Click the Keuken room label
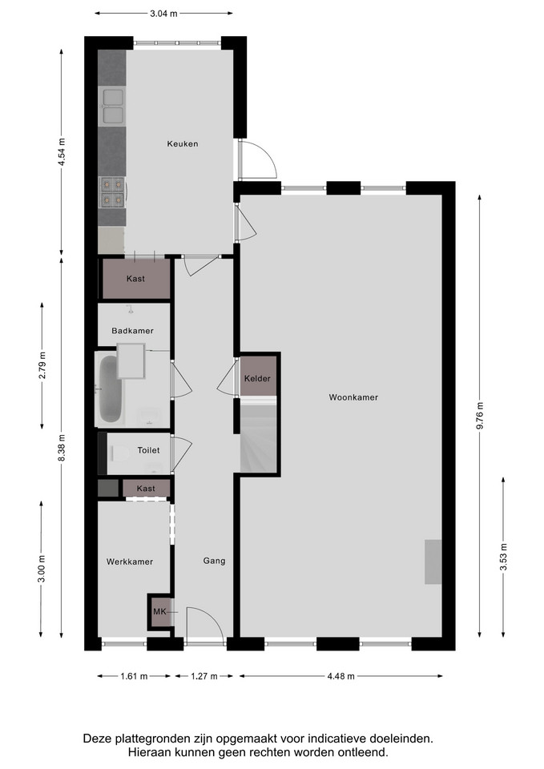click(x=183, y=143)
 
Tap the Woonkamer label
click(x=353, y=397)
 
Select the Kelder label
click(x=257, y=379)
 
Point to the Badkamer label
click(x=132, y=331)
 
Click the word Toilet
click(x=149, y=450)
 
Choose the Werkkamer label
click(x=130, y=562)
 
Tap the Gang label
click(x=215, y=561)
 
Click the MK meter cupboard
click(x=160, y=611)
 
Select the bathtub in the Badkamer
click(x=110, y=389)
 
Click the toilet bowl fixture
click(x=119, y=453)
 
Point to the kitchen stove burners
click(x=112, y=191)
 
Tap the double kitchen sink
click(x=113, y=106)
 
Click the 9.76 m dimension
click(x=479, y=416)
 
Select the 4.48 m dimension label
click(x=341, y=676)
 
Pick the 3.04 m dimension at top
click(x=163, y=14)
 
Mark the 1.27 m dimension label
click(x=204, y=676)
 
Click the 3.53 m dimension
click(x=503, y=558)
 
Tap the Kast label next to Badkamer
click(x=135, y=279)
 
